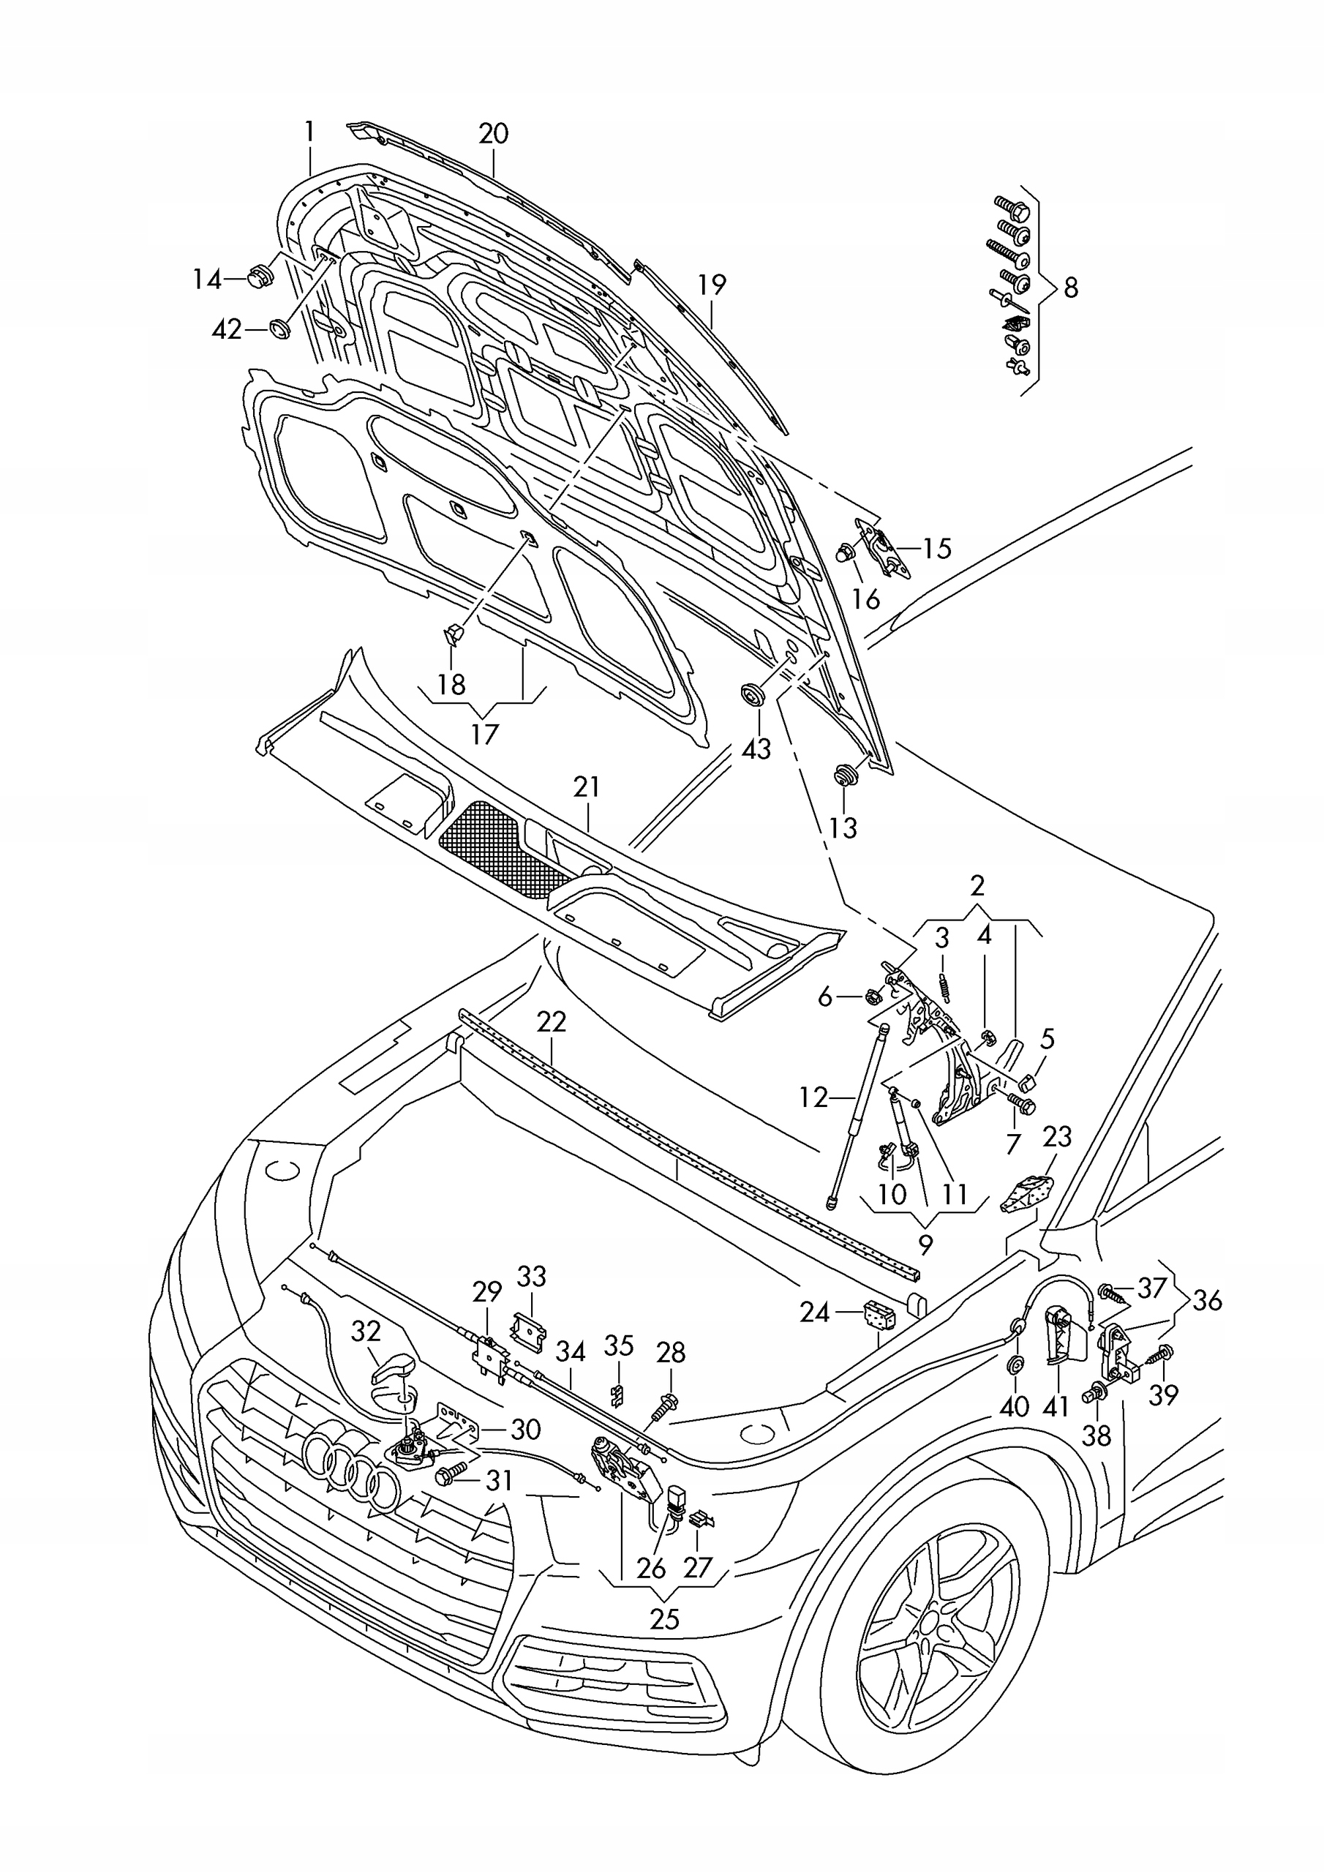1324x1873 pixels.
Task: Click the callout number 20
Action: pyautogui.click(x=494, y=133)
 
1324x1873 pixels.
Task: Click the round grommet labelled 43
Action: pyautogui.click(x=751, y=695)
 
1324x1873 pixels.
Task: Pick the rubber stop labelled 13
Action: pyautogui.click(x=843, y=774)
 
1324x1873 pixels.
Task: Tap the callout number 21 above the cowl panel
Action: pyautogui.click(x=587, y=787)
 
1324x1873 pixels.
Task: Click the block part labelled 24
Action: pyautogui.click(x=879, y=1314)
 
